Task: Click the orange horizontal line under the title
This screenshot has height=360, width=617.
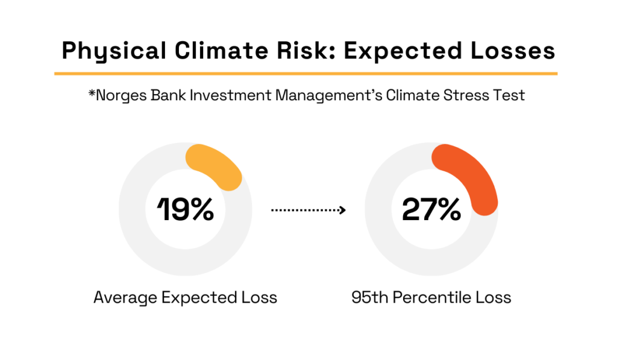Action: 305,74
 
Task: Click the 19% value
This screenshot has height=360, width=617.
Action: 186,209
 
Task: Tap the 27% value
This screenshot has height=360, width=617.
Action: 431,209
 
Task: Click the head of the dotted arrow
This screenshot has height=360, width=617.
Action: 342,210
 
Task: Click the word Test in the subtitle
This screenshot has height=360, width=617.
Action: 509,95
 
